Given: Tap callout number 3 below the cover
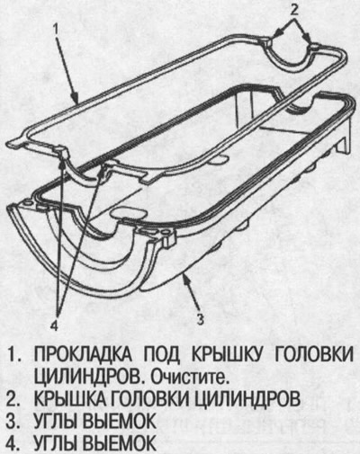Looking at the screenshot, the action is click(201, 318).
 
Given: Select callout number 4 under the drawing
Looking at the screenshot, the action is click(55, 325).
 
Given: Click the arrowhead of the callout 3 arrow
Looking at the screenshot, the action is click(185, 279).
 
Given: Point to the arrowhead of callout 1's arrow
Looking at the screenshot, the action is click(76, 99).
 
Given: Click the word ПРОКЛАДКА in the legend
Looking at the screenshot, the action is click(83, 355).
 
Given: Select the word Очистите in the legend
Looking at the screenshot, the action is click(188, 378).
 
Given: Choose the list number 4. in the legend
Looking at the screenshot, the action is click(13, 444).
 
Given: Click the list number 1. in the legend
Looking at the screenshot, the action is click(13, 355).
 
